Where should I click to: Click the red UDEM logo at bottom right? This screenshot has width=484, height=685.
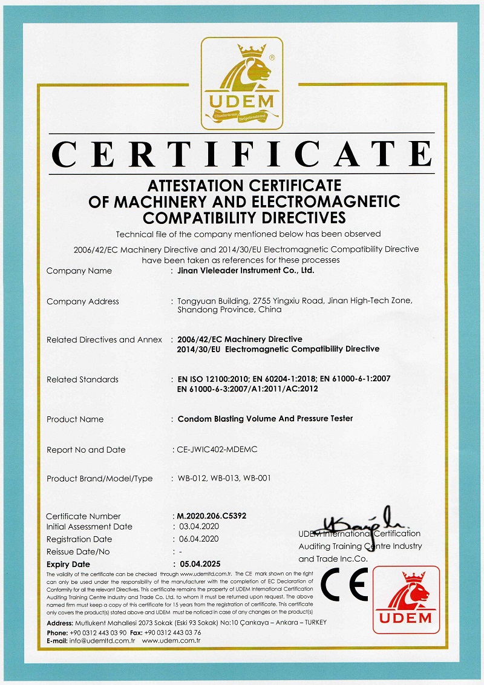point(406,600)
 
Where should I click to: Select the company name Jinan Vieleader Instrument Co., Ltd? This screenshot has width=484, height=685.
point(246,271)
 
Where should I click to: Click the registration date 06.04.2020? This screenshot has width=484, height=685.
point(199,539)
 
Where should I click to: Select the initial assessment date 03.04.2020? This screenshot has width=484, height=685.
point(199,527)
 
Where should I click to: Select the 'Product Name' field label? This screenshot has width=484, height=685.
point(75,419)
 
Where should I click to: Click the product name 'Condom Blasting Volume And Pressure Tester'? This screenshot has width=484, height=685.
point(265,419)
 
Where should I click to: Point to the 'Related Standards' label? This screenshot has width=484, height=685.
point(82,380)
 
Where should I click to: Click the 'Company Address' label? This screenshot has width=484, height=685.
point(82,301)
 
